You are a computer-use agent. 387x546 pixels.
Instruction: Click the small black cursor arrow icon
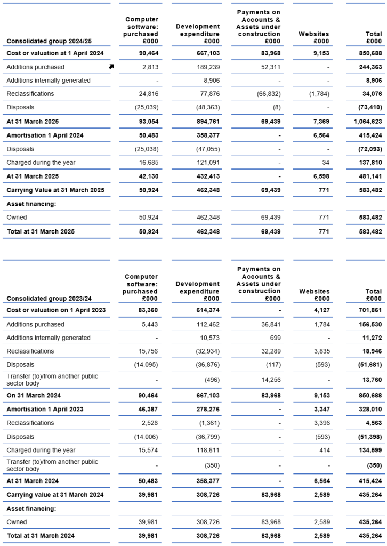pyautogui.click(x=111, y=67)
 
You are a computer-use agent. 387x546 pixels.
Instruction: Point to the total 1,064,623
pyautogui.click(x=367, y=121)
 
